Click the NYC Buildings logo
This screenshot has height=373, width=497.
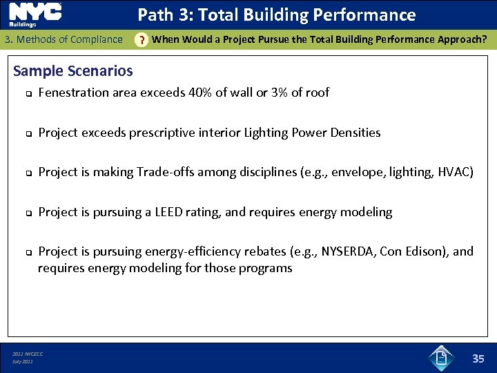point(35,15)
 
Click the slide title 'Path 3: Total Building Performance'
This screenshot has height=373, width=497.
point(276,15)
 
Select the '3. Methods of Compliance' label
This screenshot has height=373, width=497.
point(63,39)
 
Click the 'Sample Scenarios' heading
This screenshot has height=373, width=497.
point(73,70)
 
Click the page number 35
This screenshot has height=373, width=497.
point(478,358)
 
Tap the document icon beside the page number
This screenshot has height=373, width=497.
point(440,358)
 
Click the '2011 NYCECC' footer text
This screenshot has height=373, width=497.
point(28,354)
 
